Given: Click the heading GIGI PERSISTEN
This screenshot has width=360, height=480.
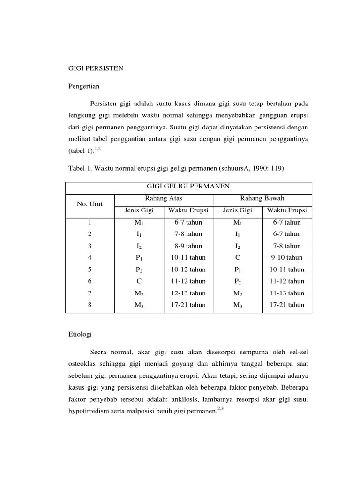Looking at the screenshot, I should tap(96, 68).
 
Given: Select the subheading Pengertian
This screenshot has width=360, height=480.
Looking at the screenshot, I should tap(84, 86).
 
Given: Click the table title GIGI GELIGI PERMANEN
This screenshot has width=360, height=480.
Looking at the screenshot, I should tap(188, 186).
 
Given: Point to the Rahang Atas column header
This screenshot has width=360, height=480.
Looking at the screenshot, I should tap(164, 198).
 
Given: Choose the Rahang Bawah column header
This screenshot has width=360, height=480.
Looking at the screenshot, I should tap(262, 198).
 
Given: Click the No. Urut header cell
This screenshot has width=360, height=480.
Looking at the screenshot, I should tap(90, 204).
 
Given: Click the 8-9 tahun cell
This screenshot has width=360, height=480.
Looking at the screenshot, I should tap(188, 246).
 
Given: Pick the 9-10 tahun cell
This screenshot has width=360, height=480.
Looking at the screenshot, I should tap(286, 257).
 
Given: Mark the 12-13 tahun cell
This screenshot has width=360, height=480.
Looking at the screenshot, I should tap(188, 293).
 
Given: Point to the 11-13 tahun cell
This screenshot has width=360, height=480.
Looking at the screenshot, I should tap(286, 293).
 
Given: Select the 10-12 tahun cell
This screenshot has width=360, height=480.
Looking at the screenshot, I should tap(188, 270).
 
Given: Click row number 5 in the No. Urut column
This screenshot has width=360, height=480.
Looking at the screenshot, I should tap(90, 270).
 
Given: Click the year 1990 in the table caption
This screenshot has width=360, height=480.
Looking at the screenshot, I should tap(247, 168).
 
